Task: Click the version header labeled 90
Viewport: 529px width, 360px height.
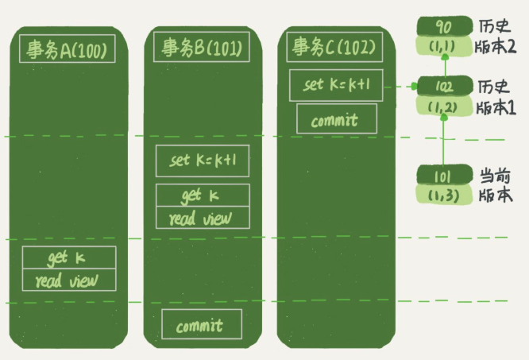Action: [444, 26]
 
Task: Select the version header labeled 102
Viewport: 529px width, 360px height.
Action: [444, 86]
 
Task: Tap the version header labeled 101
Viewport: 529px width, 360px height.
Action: [444, 175]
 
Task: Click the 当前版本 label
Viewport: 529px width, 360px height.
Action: [496, 185]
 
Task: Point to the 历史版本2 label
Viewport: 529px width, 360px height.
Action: [496, 37]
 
